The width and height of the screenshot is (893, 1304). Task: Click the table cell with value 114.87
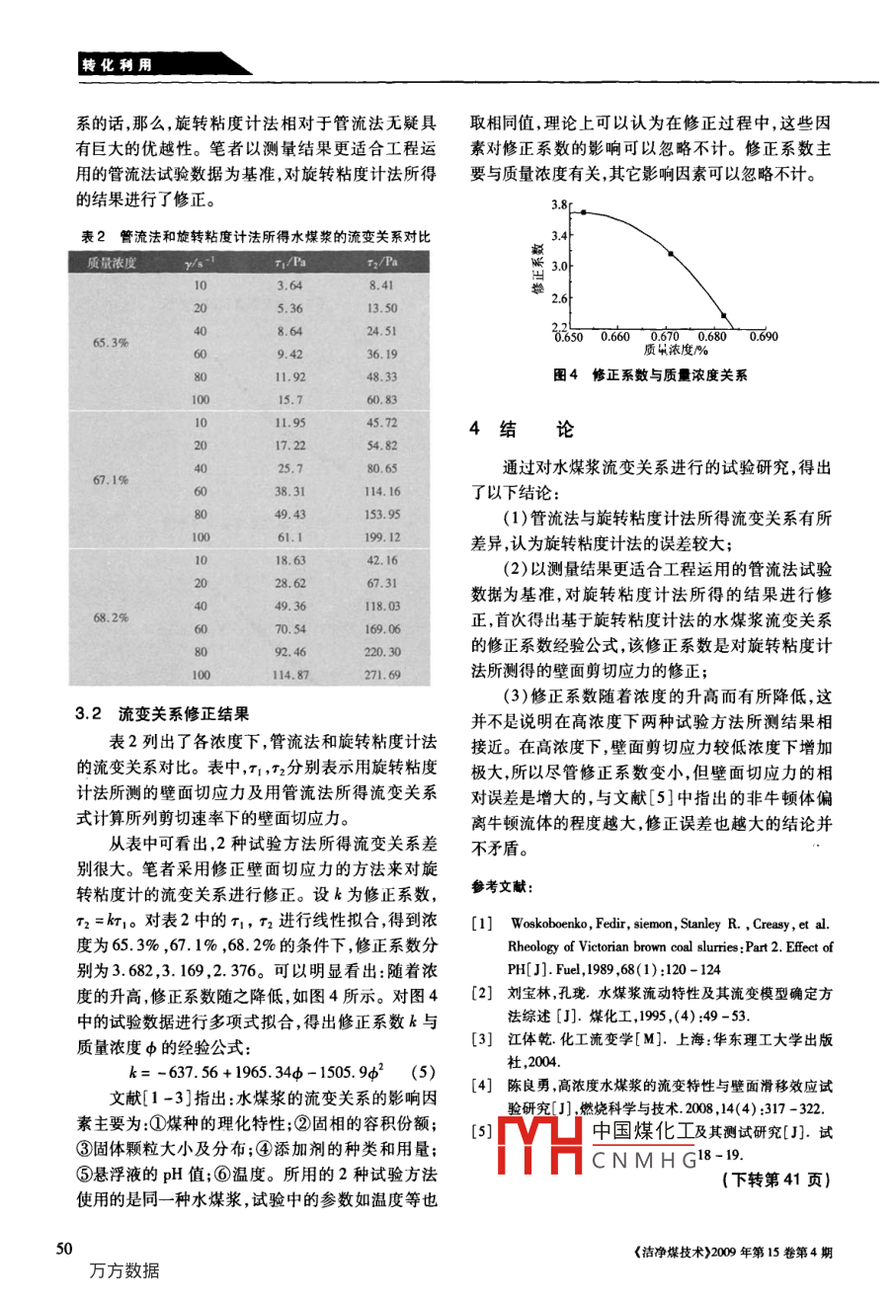[290, 675]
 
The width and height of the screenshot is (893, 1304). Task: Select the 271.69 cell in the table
[382, 675]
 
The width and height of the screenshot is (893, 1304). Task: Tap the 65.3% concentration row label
[110, 343]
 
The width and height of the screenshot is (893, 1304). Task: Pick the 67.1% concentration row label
[110, 479]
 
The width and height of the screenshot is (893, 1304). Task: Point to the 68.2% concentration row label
[110, 616]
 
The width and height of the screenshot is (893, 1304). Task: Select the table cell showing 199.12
[382, 537]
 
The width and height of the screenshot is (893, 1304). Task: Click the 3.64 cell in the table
[289, 285]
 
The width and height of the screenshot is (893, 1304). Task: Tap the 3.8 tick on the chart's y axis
[560, 205]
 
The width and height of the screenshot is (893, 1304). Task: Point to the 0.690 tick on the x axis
[764, 337]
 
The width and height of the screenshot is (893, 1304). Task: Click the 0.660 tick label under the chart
[614, 337]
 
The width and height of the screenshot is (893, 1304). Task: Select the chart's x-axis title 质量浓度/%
[677, 350]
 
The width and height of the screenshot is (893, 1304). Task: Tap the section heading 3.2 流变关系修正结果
[162, 713]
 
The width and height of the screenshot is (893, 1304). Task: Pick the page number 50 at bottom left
[63, 1249]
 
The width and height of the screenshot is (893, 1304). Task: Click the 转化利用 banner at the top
[118, 65]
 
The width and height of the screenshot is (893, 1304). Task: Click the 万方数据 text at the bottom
[124, 1271]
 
